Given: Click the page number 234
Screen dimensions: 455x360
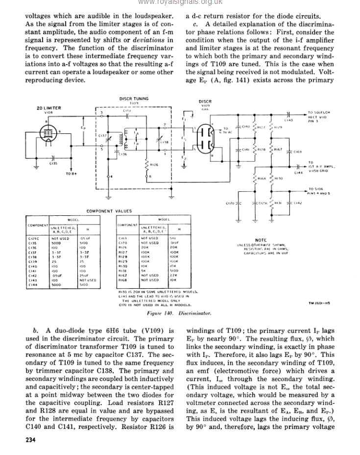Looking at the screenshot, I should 30,439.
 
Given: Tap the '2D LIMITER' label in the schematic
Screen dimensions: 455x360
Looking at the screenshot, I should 48,108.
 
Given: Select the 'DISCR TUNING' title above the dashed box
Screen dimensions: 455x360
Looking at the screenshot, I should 134,99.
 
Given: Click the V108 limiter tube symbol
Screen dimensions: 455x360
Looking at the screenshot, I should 47,133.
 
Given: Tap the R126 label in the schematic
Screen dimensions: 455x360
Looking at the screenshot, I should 154,164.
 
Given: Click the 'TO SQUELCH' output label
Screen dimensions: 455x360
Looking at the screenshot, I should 319,112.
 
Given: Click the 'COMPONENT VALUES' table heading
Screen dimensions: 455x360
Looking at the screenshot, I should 109,211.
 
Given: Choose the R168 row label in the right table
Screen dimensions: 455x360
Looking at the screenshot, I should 123,280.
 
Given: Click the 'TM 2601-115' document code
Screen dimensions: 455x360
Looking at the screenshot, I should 319,303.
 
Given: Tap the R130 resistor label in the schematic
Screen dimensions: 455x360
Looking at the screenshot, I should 279,178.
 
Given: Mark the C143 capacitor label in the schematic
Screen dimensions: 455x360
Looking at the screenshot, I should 288,120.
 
